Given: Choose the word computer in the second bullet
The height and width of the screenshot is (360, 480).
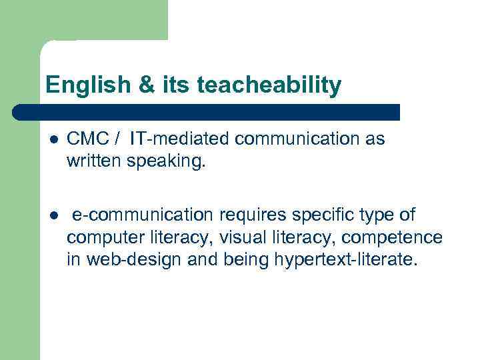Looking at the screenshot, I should (x=99, y=237).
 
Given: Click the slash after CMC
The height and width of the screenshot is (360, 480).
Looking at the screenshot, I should (x=117, y=139).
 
